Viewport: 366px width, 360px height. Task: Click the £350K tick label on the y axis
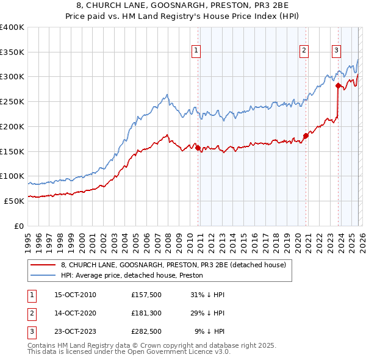coord(12,52)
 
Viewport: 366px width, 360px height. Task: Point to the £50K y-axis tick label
coord(14,201)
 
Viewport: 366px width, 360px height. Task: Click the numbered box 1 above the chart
coord(196,51)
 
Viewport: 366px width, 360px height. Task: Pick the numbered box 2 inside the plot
coord(304,51)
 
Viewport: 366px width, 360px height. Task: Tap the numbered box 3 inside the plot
coord(336,51)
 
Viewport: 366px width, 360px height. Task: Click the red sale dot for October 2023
coord(338,86)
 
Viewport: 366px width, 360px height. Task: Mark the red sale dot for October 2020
coord(306,136)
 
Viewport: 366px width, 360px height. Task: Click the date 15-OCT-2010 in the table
coord(75,295)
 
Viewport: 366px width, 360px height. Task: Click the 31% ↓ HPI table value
coord(208,295)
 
